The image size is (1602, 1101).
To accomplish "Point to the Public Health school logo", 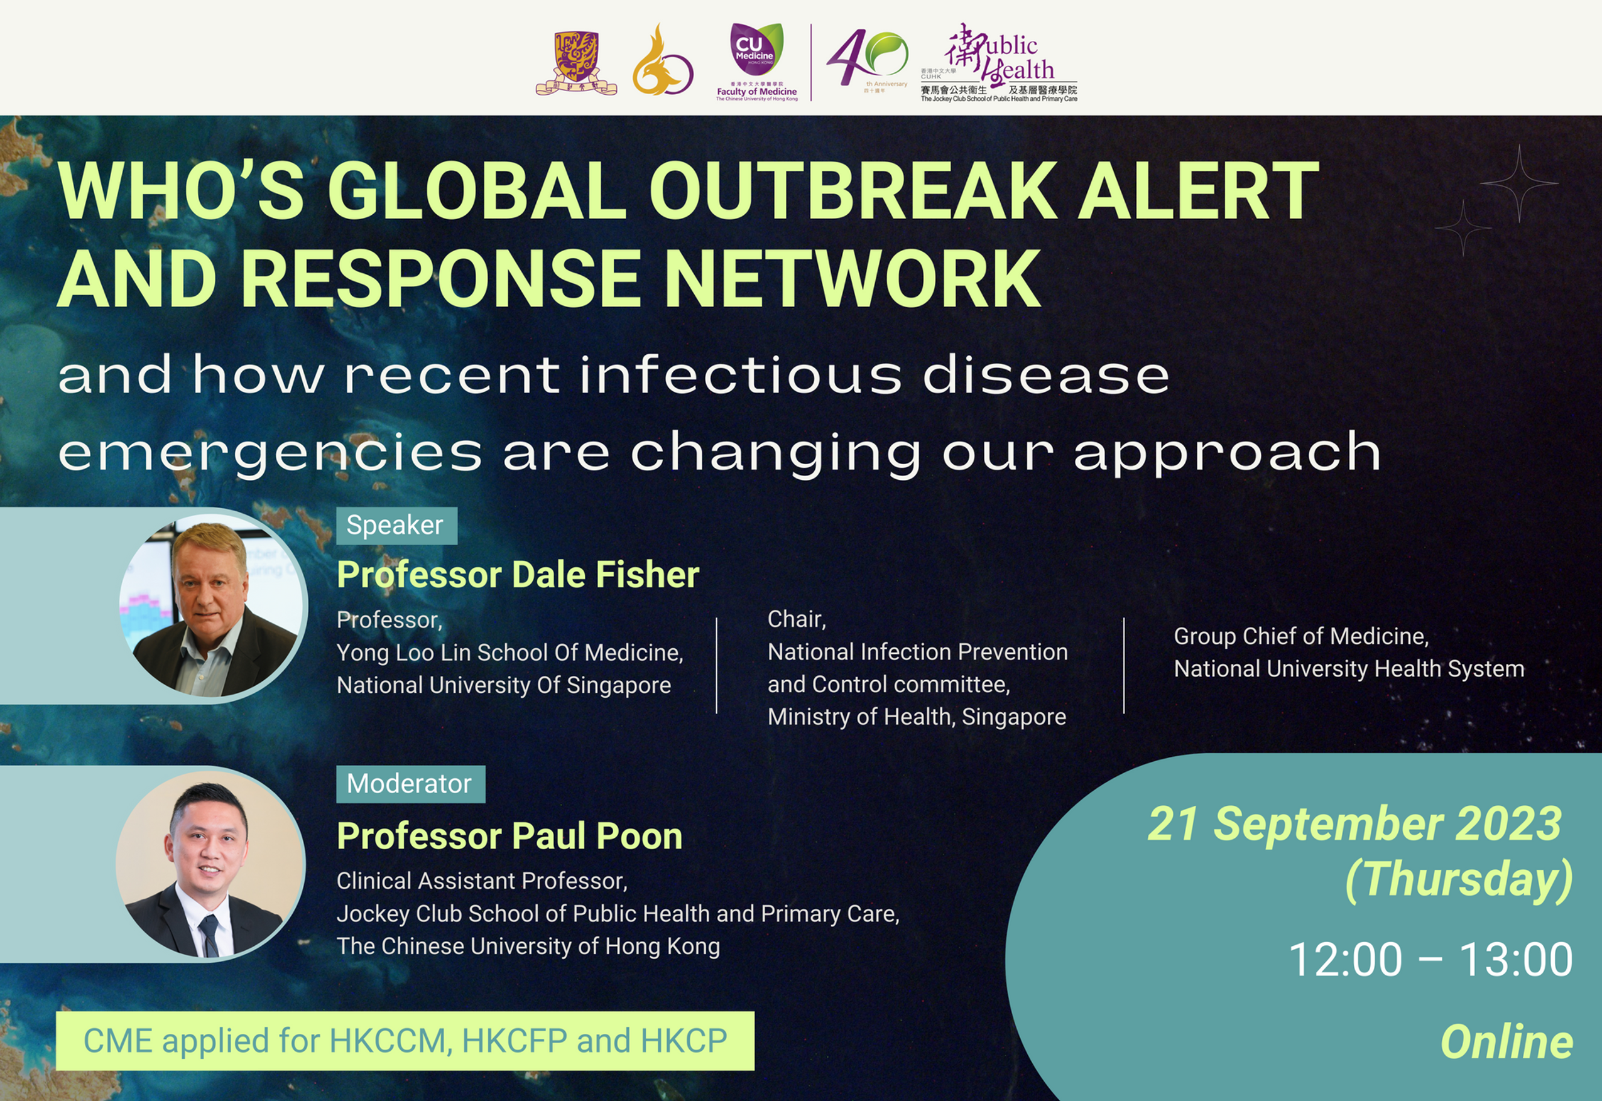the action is (999, 63).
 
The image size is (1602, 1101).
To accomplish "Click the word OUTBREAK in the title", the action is (853, 190).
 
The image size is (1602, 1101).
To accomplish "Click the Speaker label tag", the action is (396, 526).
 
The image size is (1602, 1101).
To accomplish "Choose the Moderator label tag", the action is (410, 784).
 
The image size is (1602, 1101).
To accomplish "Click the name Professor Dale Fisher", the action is (518, 575).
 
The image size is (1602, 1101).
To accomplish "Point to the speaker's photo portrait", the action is (210, 605).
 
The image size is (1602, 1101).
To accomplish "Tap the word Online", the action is (1507, 1042).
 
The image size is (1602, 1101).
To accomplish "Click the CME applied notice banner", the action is (405, 1041).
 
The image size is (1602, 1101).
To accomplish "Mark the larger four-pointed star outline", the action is (1518, 183).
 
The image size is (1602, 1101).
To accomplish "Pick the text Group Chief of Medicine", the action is (1301, 636).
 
